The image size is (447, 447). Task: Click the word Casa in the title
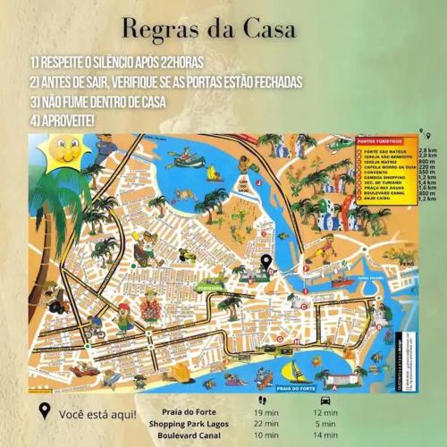(263, 28)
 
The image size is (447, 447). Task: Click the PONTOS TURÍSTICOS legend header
(379, 141)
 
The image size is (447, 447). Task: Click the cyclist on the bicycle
(97, 331)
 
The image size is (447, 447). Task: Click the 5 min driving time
(325, 423)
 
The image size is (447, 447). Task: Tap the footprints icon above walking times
(262, 400)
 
